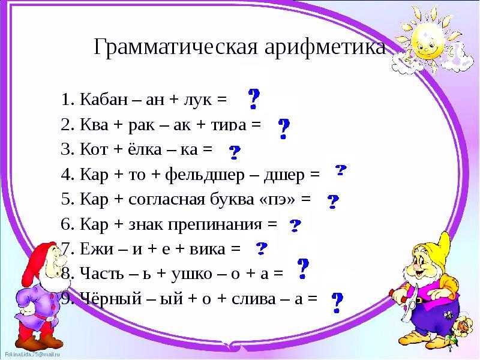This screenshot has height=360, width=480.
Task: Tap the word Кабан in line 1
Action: click(103, 99)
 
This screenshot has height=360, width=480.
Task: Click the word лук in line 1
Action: click(197, 100)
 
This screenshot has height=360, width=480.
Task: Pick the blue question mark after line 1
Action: click(254, 99)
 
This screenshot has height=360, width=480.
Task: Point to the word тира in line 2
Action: click(229, 125)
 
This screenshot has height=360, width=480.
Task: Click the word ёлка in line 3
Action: click(144, 149)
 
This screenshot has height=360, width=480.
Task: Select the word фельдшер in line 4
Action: click(205, 175)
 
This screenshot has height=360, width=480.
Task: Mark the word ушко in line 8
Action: click(191, 274)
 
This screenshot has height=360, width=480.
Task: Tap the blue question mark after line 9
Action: click(337, 302)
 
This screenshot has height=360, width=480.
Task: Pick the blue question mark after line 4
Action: click(341, 170)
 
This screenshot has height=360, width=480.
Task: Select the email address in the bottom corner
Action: click(32, 355)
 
